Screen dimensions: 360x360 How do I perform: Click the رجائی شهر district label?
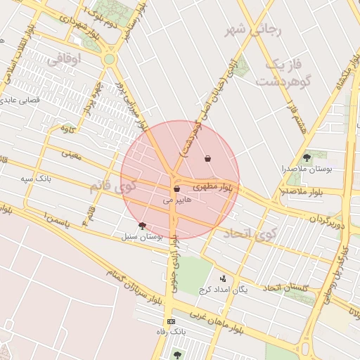point(252,30)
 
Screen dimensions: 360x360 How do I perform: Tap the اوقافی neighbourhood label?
point(65,60)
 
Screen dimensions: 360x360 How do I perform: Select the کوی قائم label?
point(112,188)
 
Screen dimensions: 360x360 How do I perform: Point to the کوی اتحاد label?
point(251,233)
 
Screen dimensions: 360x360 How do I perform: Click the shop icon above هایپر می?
point(176,188)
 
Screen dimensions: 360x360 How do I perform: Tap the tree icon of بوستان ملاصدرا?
point(306,157)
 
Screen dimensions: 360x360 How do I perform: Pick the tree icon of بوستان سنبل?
point(143,226)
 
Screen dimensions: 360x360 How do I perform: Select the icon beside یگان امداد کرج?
point(223,278)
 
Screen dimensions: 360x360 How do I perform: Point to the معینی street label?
point(71,153)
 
